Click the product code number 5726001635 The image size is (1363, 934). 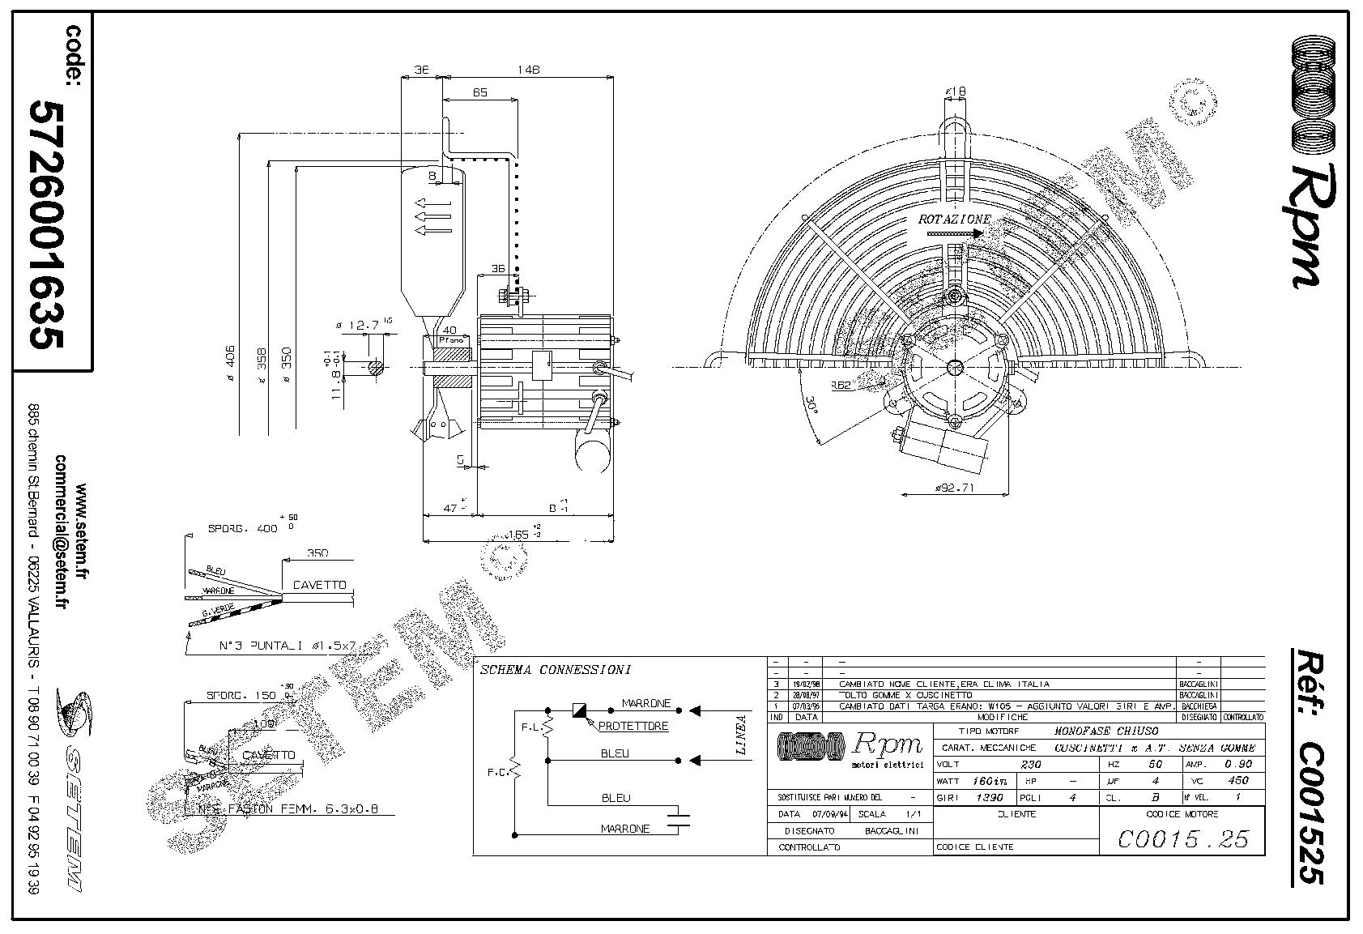pyautogui.click(x=45, y=224)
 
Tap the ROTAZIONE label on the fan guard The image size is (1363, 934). pyautogui.click(x=953, y=220)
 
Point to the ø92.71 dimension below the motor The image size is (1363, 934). pyautogui.click(x=954, y=488)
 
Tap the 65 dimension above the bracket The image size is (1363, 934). pyautogui.click(x=479, y=92)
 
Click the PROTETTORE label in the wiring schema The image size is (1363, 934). pyautogui.click(x=633, y=726)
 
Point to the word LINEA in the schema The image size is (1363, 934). pyautogui.click(x=740, y=735)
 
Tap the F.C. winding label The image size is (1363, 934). pyautogui.click(x=497, y=772)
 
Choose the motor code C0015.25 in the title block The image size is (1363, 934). pyautogui.click(x=1182, y=839)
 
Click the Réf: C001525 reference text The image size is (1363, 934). pyautogui.click(x=1306, y=766)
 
